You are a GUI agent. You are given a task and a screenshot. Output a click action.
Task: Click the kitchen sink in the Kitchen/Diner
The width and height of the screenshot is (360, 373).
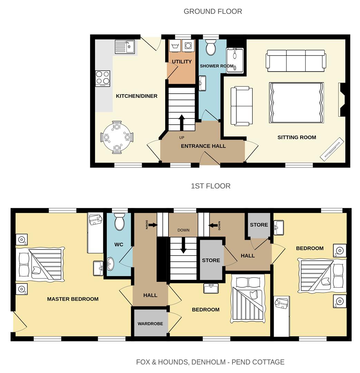[125, 47]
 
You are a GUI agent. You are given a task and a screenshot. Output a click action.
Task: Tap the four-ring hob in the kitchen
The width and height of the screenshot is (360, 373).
[103, 78]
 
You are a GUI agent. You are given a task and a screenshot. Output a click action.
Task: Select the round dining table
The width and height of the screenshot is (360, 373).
[117, 137]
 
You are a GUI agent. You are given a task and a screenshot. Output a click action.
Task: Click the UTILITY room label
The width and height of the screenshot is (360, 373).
[182, 62]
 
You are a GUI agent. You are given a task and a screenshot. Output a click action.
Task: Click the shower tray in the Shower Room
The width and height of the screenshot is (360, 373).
[235, 60]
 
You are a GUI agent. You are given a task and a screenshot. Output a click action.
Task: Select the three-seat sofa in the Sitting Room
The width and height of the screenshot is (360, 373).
[295, 61]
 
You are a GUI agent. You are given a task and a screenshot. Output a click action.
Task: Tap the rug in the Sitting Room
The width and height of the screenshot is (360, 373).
[296, 103]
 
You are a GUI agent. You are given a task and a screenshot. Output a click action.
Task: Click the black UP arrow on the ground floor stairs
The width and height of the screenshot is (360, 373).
[181, 122]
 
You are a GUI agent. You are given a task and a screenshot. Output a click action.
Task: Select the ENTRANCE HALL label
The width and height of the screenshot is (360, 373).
[203, 146]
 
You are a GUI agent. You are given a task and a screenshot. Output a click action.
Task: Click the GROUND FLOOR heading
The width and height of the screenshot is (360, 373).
[213, 11]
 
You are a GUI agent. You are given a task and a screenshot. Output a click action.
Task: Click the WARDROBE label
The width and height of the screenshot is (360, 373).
[150, 324]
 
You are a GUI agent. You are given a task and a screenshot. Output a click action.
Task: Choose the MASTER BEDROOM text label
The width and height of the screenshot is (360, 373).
[73, 299]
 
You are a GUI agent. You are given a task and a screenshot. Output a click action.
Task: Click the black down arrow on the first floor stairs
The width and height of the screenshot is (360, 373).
[183, 246]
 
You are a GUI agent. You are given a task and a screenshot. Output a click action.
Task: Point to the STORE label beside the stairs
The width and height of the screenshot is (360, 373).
[211, 260]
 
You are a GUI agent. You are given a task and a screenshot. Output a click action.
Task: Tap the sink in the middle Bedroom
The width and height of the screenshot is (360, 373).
[210, 288]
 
